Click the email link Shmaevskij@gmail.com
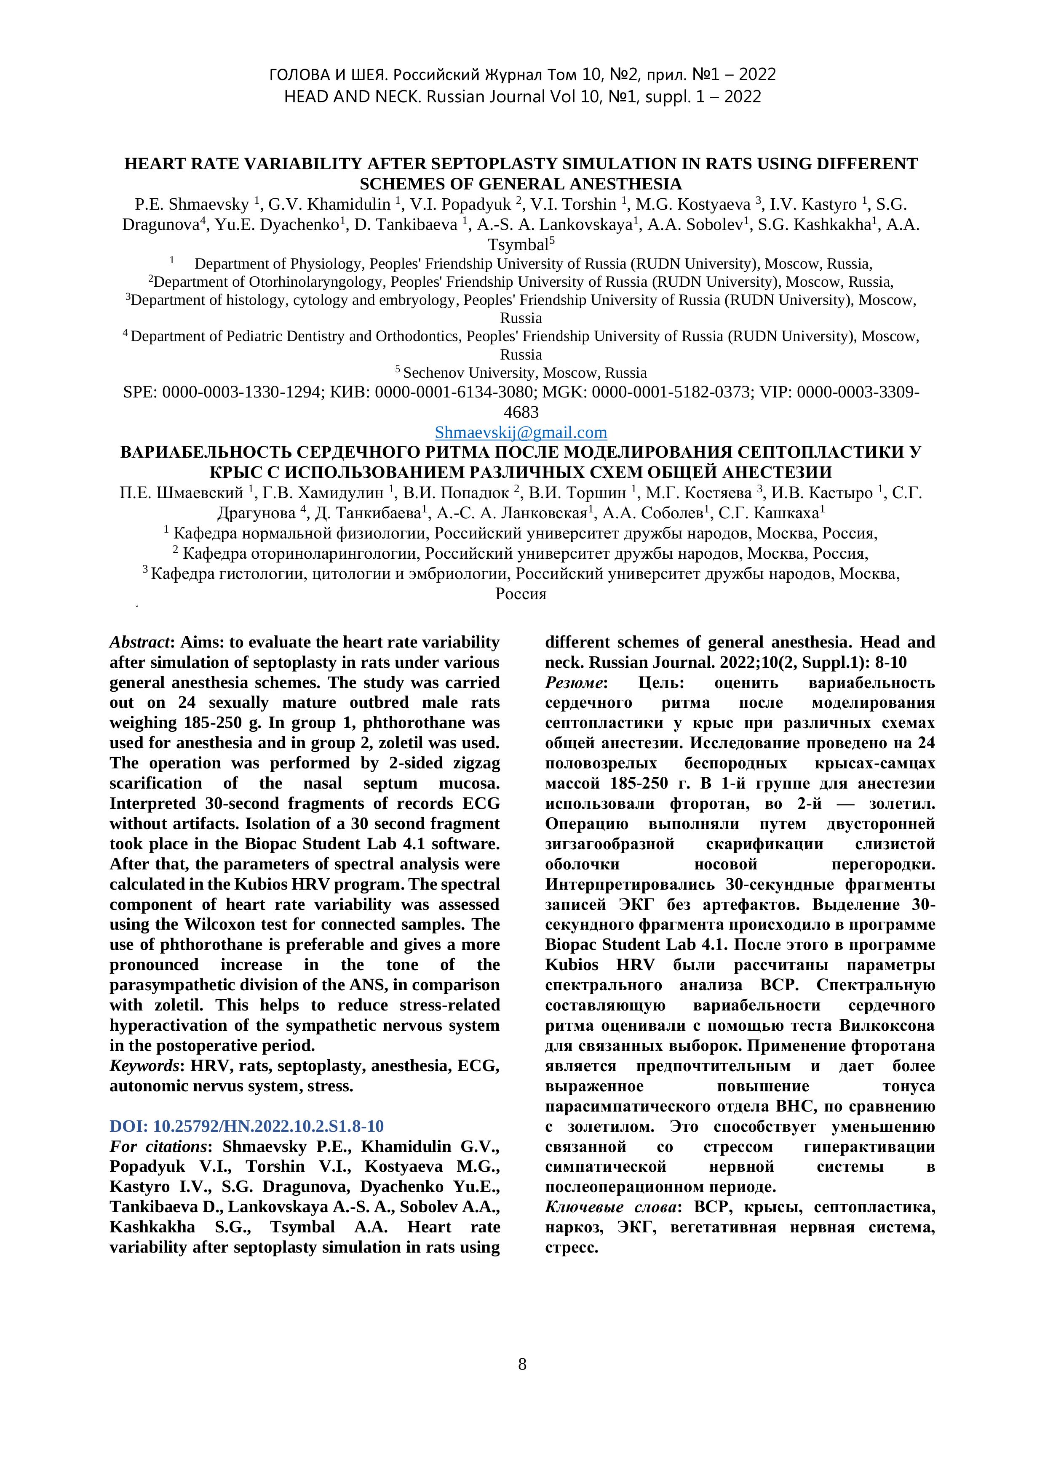(x=521, y=432)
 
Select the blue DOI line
(x=246, y=1126)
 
